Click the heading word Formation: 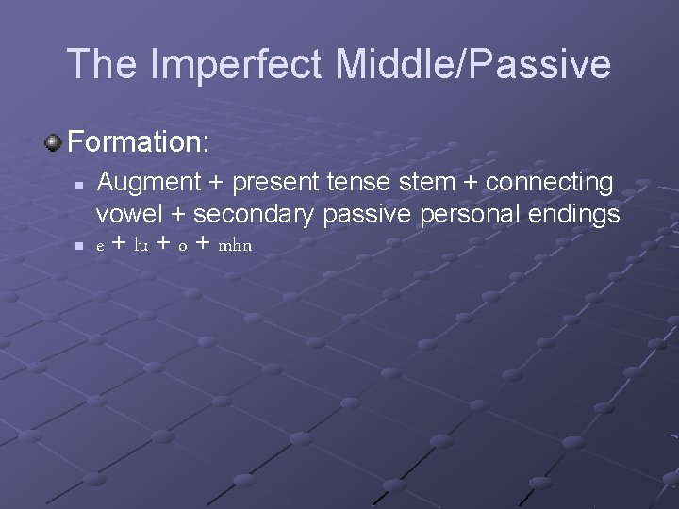pos(139,143)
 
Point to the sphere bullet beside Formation pos(54,143)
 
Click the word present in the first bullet pos(268,182)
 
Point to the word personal pos(461,215)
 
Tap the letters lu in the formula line pos(141,246)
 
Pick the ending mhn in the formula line pos(235,246)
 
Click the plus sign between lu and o pos(163,245)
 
